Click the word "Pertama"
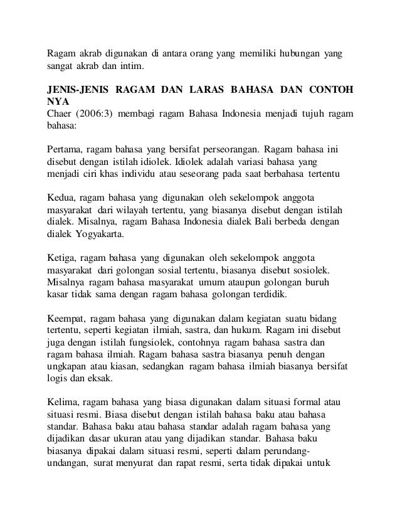click(x=65, y=149)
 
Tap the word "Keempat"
click(x=66, y=317)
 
